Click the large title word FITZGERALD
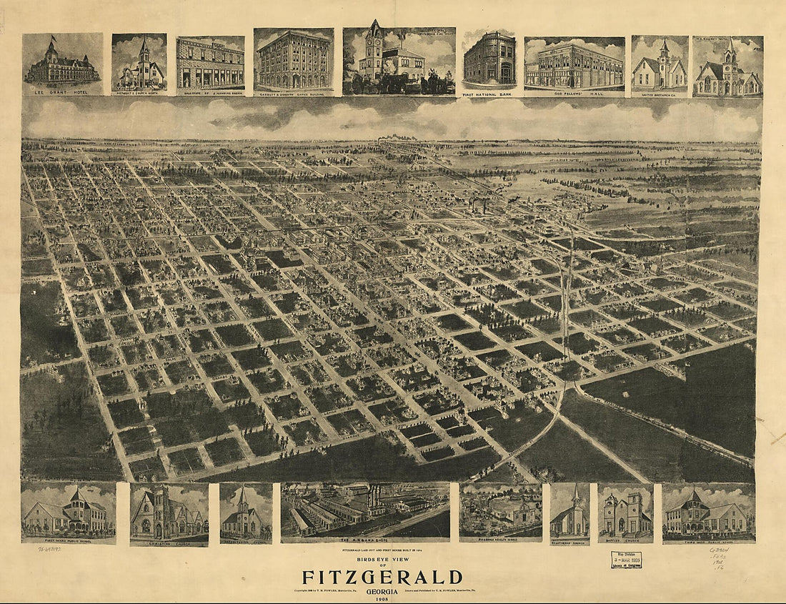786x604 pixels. click(382, 578)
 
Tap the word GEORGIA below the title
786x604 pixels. click(382, 590)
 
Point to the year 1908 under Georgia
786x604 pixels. click(382, 598)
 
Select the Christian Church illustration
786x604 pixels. click(169, 513)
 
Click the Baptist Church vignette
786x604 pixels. click(625, 513)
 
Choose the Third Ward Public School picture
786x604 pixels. click(708, 513)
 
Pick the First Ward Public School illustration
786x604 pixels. click(69, 513)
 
